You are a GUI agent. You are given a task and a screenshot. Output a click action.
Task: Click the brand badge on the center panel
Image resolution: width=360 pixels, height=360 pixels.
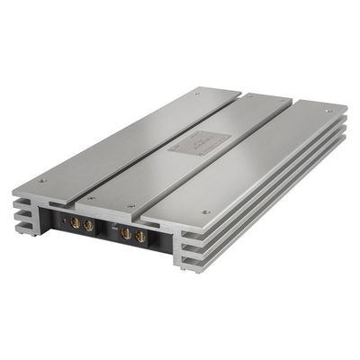click(192, 140)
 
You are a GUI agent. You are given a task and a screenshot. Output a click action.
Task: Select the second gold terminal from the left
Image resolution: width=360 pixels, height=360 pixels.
click(88, 225)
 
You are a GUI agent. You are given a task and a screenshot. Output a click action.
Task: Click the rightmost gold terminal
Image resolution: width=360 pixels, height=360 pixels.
click(140, 236)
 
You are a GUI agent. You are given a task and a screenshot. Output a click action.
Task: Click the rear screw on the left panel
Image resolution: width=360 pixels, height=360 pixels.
click(197, 92)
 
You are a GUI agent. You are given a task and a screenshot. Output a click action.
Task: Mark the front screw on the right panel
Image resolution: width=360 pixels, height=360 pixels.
click(206, 212)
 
